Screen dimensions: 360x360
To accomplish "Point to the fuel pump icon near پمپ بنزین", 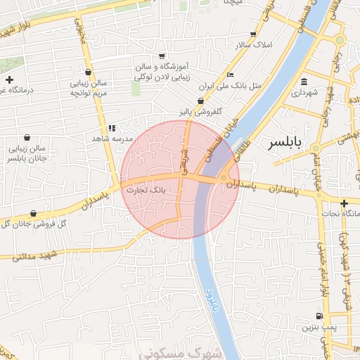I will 321,316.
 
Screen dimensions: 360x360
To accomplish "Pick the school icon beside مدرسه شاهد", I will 112,128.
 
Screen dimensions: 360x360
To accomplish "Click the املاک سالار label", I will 251,45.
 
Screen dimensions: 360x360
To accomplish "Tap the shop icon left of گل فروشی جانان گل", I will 33,213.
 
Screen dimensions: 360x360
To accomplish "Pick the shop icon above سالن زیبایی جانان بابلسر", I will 27,138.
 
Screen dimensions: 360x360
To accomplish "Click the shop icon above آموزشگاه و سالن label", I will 162,56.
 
